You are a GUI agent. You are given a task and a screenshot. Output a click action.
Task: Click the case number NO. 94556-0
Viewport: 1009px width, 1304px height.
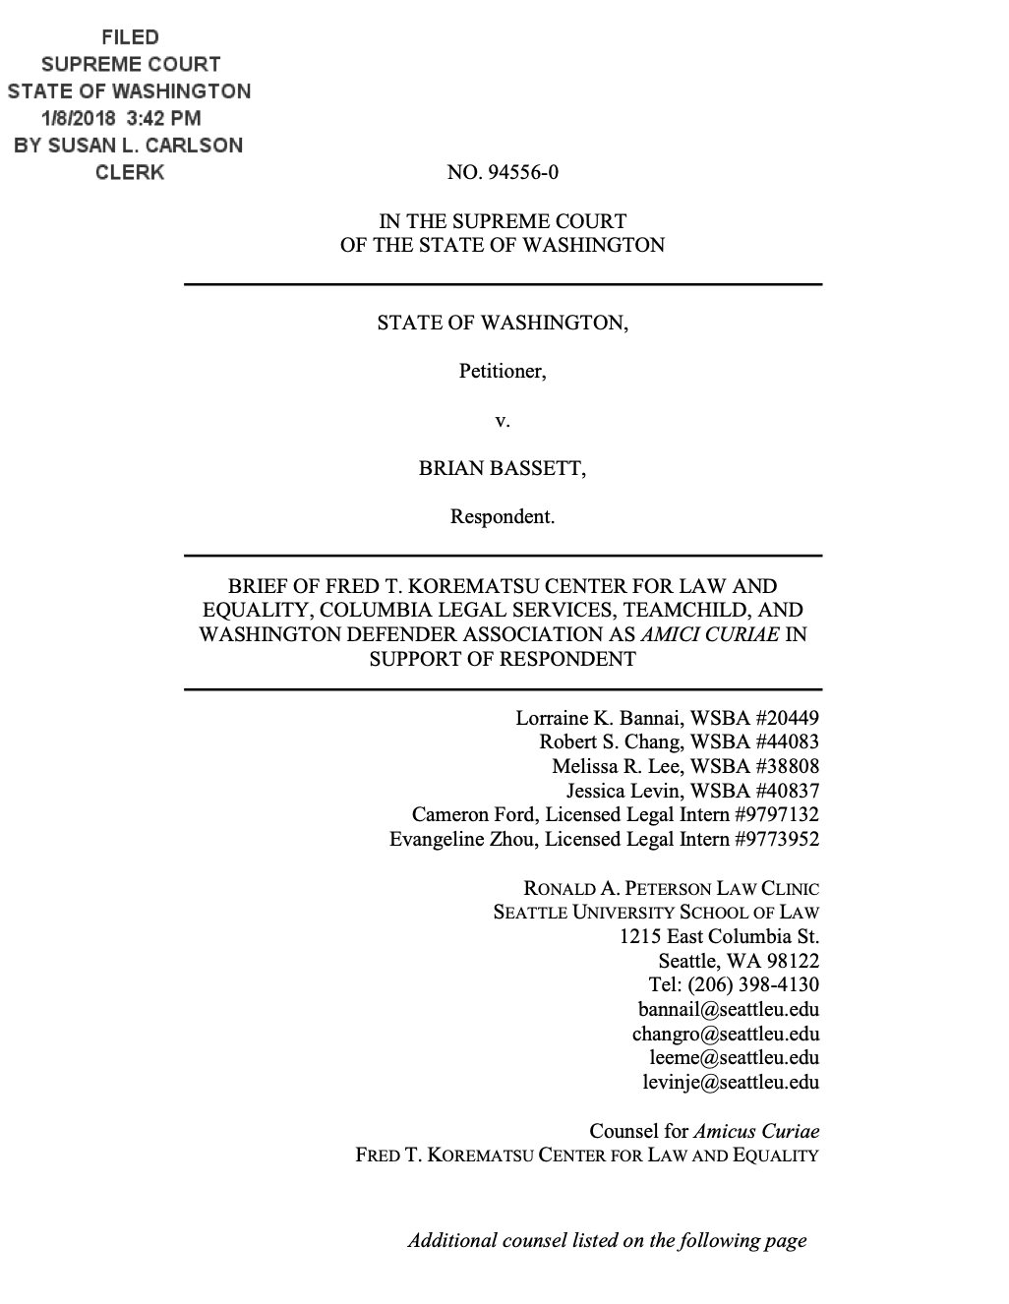point(503,173)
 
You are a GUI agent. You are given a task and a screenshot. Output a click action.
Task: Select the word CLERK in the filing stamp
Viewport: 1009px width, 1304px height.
point(129,172)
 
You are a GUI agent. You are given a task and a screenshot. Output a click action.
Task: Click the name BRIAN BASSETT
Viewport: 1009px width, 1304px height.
point(503,468)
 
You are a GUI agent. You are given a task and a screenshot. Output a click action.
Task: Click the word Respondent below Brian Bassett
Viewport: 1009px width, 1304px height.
point(503,516)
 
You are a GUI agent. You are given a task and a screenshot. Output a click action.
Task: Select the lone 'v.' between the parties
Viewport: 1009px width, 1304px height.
point(503,421)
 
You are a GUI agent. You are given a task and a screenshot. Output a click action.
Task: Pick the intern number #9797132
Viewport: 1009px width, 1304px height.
point(776,814)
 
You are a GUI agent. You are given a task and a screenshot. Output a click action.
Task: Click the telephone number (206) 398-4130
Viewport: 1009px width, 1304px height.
point(753,984)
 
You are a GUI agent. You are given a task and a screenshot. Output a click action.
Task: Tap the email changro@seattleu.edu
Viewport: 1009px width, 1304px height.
point(726,1034)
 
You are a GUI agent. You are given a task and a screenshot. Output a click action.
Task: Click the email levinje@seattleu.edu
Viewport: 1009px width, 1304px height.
point(731,1082)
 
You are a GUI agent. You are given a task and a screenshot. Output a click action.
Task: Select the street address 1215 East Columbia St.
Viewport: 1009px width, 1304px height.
point(719,936)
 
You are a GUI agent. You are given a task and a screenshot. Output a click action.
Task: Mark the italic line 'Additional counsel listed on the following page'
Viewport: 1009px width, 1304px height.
point(607,1240)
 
